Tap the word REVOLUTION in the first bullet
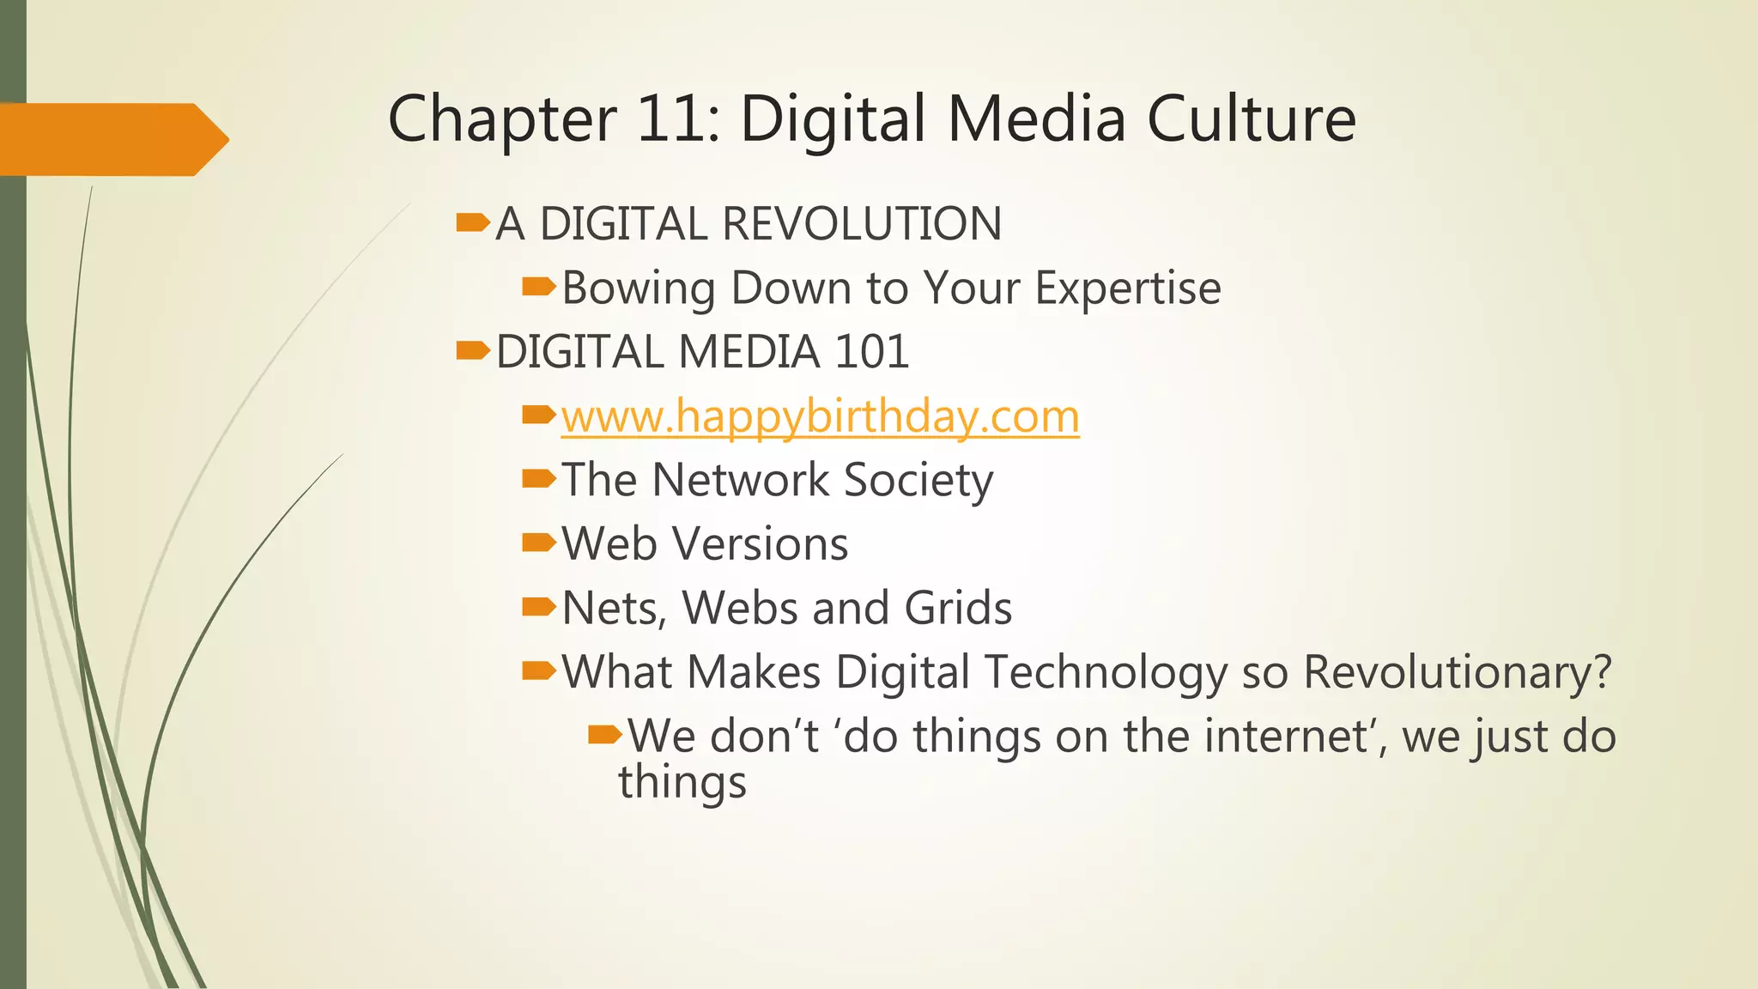(862, 224)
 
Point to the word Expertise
(1127, 288)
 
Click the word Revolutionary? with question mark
(1458, 672)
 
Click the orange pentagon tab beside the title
(112, 139)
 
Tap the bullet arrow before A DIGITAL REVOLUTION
(473, 224)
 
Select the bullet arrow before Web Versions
(539, 543)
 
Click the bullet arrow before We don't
(605, 735)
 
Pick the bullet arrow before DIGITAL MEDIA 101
(473, 351)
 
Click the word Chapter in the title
(501, 120)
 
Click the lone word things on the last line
(682, 783)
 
